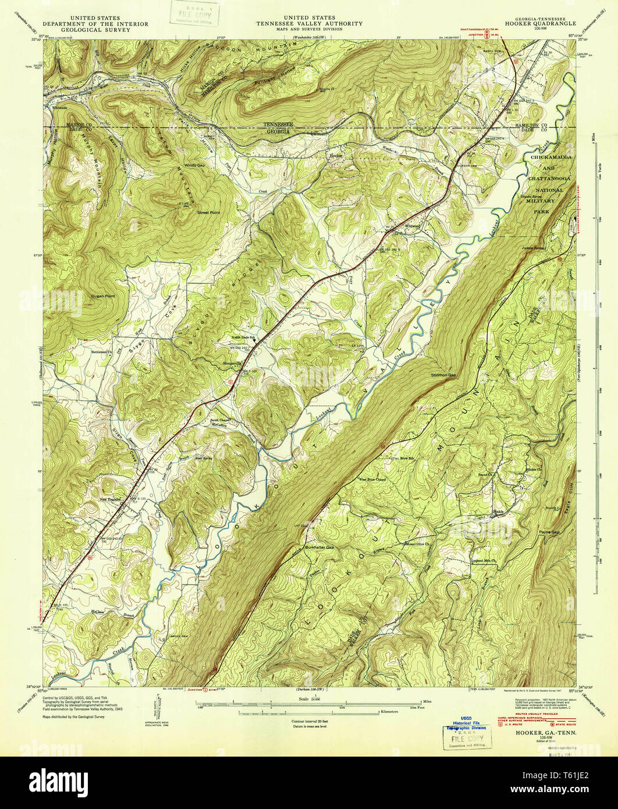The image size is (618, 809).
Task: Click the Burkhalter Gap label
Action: pos(321,548)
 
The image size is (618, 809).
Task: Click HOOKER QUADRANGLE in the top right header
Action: pos(544,24)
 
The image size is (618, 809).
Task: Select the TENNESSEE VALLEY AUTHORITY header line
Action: pos(309,24)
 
